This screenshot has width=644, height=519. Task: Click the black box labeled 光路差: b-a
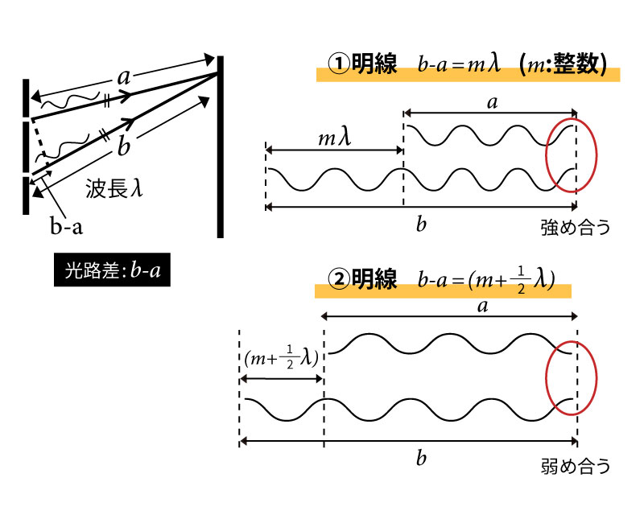[112, 270]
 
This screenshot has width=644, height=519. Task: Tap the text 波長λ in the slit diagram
[114, 189]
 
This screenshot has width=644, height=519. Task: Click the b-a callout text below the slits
[67, 226]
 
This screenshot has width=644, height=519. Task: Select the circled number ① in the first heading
[339, 64]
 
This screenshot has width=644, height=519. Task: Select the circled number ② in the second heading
[339, 279]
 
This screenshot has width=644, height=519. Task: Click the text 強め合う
[576, 228]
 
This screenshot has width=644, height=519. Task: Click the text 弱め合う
[576, 466]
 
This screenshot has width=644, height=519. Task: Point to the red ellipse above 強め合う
[547, 154]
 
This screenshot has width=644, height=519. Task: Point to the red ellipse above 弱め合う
[547, 377]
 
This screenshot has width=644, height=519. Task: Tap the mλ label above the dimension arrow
[335, 138]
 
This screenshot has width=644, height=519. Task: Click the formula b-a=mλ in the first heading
[459, 64]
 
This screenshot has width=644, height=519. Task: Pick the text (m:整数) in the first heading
[562, 64]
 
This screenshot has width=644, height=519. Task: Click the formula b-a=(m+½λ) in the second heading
[486, 280]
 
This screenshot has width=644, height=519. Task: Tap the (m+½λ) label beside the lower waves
[281, 357]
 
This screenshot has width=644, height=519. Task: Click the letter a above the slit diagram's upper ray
[123, 77]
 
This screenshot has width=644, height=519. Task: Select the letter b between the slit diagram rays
[123, 146]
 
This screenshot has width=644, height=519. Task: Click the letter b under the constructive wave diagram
[421, 224]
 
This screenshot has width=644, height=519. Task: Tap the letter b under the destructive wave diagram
[421, 458]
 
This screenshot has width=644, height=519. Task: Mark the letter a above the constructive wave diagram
[492, 103]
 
